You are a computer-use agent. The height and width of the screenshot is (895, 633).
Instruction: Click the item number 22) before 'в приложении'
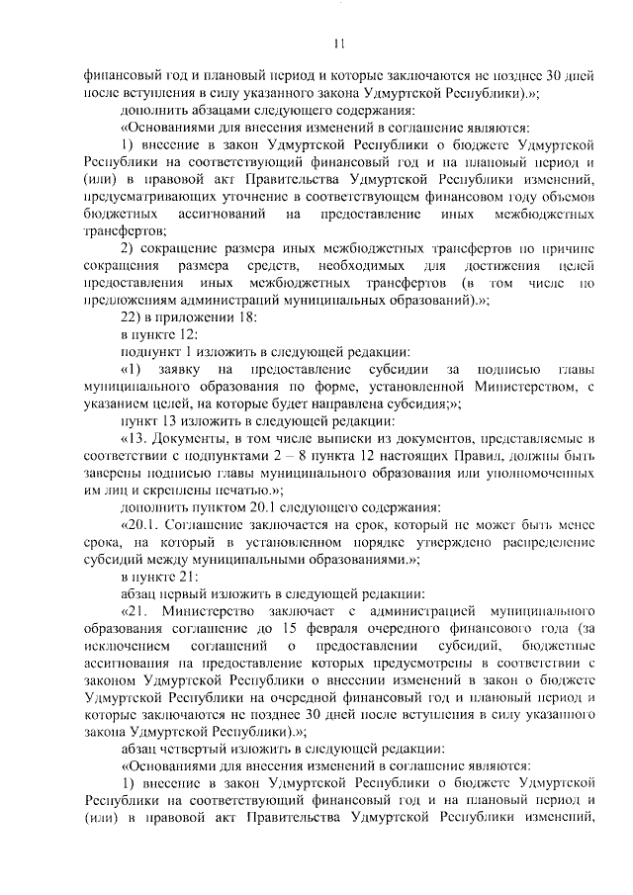pos(133,318)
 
